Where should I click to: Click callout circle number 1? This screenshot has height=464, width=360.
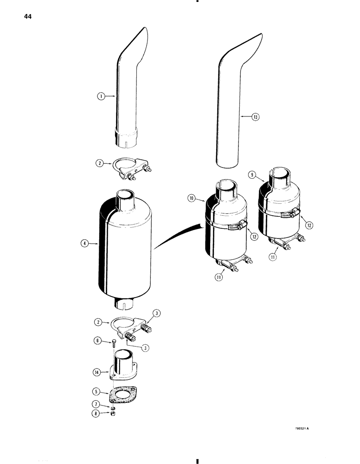[x=100, y=97]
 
